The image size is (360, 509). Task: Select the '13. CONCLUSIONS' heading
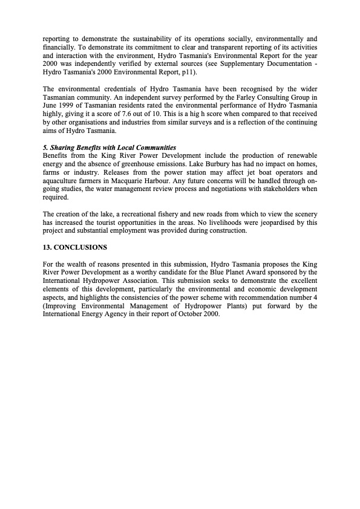click(74, 248)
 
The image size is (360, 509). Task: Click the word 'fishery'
click(164, 215)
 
